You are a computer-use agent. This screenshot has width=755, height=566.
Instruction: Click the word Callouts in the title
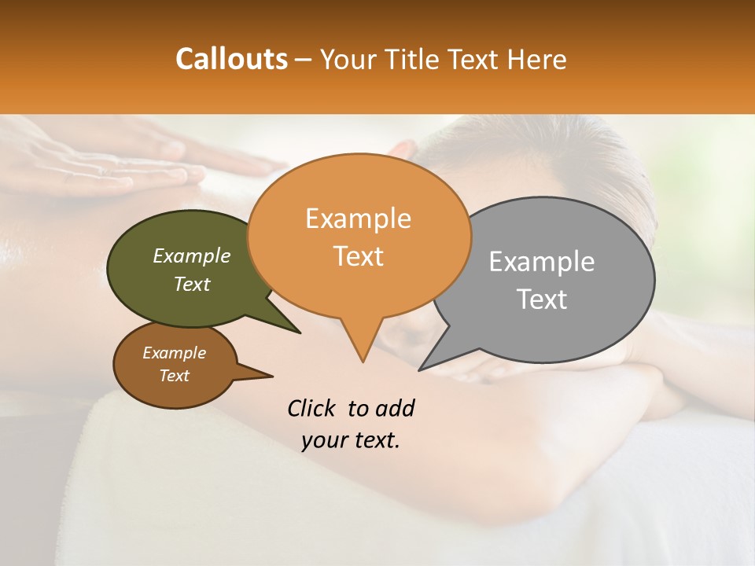point(231,59)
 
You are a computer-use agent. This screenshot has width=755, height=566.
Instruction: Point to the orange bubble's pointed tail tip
point(363,361)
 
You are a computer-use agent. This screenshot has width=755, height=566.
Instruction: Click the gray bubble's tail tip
point(421,369)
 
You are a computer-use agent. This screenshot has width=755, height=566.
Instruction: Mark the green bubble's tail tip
point(299,333)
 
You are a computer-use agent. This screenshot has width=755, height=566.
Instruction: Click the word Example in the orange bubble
point(358,219)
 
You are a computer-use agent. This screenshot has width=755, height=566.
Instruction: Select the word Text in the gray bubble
point(542,300)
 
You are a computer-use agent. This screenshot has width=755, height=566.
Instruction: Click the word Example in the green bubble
point(192,256)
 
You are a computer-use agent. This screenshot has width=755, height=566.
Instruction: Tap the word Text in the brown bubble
point(175,376)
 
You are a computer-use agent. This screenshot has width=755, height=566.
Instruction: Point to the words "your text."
point(351,440)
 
